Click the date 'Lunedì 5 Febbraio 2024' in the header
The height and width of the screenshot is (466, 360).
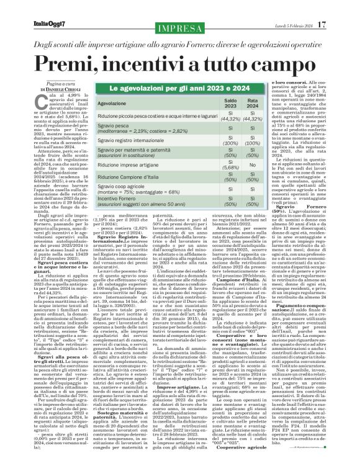[304, 7]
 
